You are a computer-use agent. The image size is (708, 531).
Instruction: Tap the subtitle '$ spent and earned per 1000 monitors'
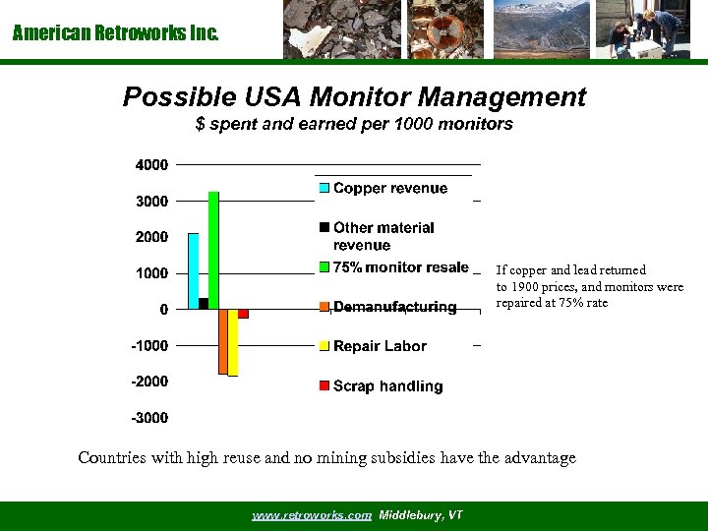(x=354, y=125)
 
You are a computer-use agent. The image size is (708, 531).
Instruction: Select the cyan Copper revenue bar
(x=193, y=271)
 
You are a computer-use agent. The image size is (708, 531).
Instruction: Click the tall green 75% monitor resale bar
(x=213, y=250)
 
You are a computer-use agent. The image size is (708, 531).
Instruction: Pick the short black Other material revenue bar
(x=204, y=304)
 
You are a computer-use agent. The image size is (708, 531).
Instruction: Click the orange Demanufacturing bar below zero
(x=223, y=341)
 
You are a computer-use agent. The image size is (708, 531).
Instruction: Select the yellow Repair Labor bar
(x=233, y=342)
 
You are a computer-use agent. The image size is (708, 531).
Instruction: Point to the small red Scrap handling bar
(x=243, y=314)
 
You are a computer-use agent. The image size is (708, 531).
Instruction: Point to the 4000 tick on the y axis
(x=151, y=164)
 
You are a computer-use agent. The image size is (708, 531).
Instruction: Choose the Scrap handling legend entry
(x=387, y=386)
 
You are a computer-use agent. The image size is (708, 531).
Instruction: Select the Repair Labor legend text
(x=380, y=346)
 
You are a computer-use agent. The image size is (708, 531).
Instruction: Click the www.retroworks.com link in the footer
(x=312, y=515)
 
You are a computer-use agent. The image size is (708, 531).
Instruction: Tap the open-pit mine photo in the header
(x=540, y=29)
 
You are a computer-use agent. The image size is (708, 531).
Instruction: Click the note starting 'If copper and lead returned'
(x=589, y=286)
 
